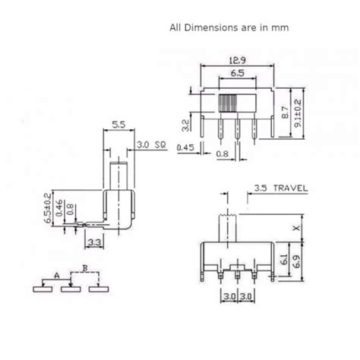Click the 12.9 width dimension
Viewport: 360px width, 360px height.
(237, 61)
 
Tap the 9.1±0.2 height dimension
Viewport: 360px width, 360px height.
(298, 113)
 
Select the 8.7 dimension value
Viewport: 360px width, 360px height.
(286, 112)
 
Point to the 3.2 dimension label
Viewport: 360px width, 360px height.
(186, 125)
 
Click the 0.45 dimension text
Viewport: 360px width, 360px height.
(185, 147)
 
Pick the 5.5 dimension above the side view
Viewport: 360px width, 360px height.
(118, 125)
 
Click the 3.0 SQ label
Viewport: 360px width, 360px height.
(151, 145)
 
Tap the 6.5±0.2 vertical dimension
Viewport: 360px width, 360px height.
(48, 208)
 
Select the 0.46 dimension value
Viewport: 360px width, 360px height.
(59, 208)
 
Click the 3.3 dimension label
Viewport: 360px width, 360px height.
(94, 243)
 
